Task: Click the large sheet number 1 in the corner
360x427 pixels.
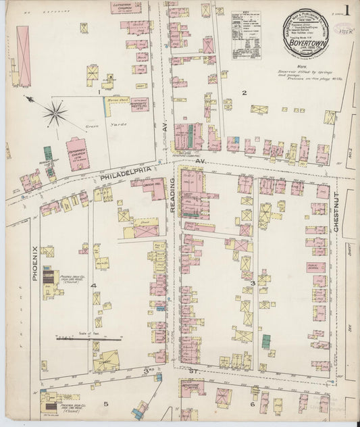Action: pyautogui.click(x=345, y=11)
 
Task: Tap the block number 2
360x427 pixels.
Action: pyautogui.click(x=244, y=93)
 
